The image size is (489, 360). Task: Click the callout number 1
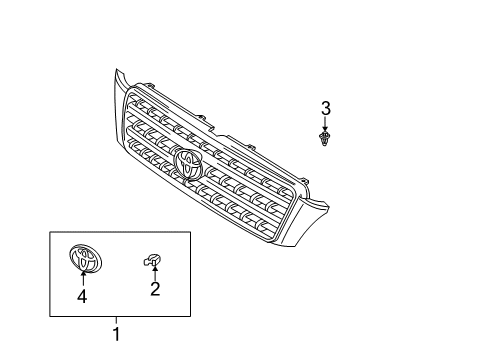117,334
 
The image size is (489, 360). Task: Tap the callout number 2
155,290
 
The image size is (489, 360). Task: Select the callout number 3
325,107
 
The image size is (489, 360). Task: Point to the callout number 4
83,296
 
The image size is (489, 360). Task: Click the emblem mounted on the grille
188,163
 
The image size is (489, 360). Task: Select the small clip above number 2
154,262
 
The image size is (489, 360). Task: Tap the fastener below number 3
325,138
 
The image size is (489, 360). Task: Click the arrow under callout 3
325,124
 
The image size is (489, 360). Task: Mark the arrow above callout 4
83,278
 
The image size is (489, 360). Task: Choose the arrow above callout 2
155,274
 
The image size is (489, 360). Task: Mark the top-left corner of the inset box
50,232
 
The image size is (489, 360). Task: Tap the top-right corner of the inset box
191,232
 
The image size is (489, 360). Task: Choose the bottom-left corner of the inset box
50,315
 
